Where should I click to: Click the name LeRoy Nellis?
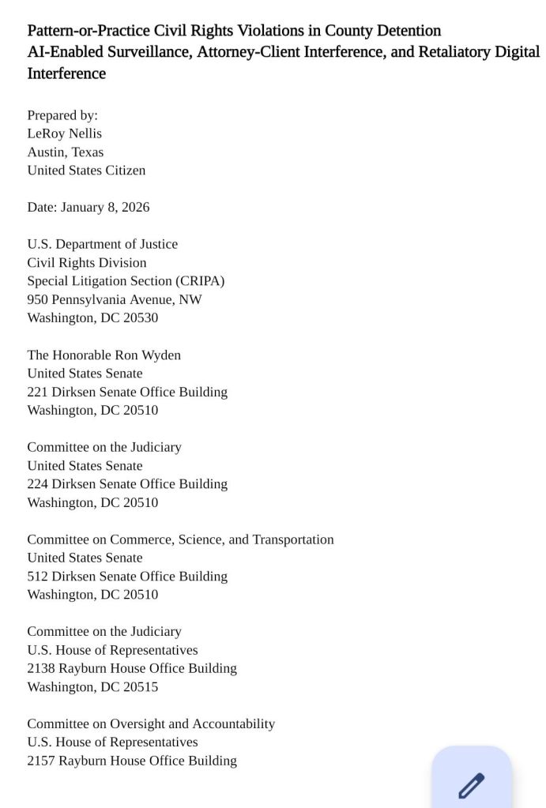tap(65, 133)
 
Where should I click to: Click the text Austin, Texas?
tap(66, 152)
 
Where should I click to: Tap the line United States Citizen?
tap(86, 170)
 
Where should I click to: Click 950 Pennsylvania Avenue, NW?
tap(115, 299)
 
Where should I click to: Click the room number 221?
tap(38, 392)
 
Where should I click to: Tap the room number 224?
tap(38, 484)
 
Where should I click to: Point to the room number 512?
tap(38, 577)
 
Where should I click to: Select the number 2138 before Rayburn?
tap(41, 668)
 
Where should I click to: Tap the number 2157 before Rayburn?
tap(41, 761)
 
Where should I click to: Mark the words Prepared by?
tap(62, 115)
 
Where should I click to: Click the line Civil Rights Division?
tap(87, 262)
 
